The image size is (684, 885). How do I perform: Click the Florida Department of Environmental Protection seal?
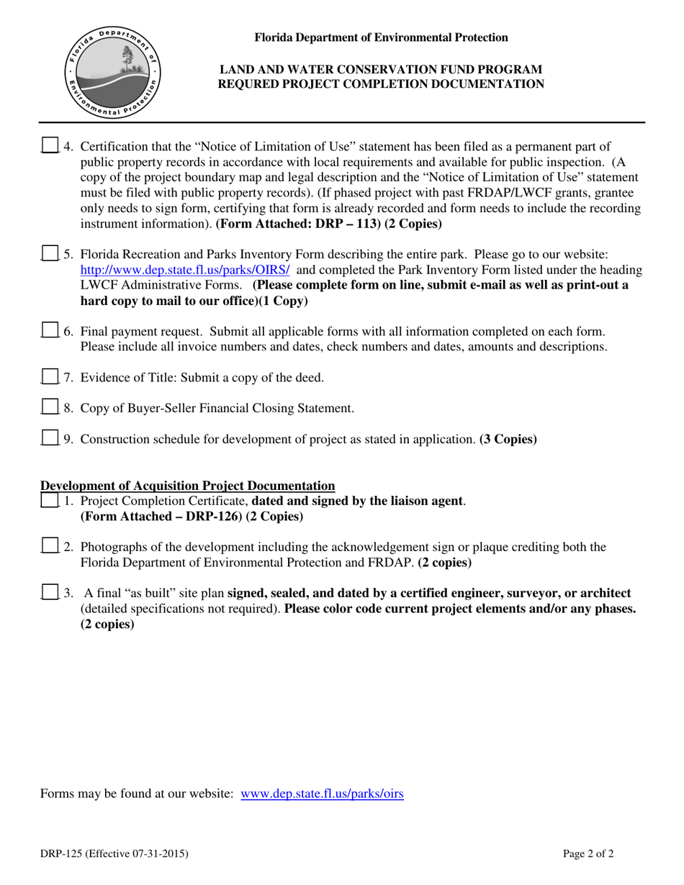tap(114, 74)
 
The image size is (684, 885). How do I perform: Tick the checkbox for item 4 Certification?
tap(49, 145)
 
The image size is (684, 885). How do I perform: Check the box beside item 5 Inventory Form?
tap(49, 254)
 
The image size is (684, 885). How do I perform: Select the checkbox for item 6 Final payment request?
tap(49, 331)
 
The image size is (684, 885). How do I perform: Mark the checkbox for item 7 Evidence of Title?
tap(49, 377)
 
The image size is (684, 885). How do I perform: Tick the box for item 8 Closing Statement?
tap(49, 408)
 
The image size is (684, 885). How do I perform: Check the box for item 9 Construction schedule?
tap(49, 438)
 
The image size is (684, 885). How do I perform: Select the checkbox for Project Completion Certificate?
tap(49, 500)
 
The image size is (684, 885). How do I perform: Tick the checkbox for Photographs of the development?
tap(49, 546)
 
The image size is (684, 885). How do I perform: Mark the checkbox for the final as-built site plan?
tap(49, 593)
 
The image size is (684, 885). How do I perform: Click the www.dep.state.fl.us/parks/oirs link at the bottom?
tap(322, 794)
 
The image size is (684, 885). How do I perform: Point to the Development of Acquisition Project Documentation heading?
tap(188, 486)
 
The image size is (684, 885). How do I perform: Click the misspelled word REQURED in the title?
tap(252, 84)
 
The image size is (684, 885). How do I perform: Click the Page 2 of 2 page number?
tap(588, 855)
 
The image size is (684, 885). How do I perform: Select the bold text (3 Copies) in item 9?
tap(508, 439)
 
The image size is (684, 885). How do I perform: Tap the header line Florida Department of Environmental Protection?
tap(381, 37)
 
